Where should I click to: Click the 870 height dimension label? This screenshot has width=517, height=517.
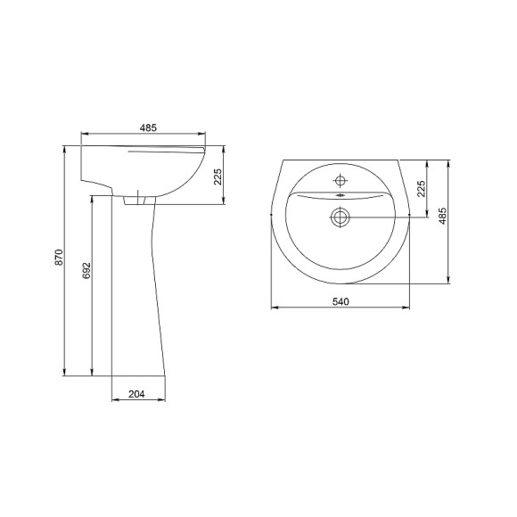[59, 258]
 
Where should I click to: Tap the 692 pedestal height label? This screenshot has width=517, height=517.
[86, 271]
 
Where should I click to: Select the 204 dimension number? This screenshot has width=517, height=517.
[136, 394]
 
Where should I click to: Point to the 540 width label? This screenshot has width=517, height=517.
[341, 301]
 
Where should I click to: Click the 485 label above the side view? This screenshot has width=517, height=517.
[148, 127]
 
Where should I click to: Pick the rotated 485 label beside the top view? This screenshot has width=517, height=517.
[443, 216]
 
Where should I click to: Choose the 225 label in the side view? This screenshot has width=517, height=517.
[218, 176]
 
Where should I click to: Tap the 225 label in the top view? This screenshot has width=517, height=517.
[421, 189]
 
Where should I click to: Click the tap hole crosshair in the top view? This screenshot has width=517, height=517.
[340, 180]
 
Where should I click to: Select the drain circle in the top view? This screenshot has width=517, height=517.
[340, 217]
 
